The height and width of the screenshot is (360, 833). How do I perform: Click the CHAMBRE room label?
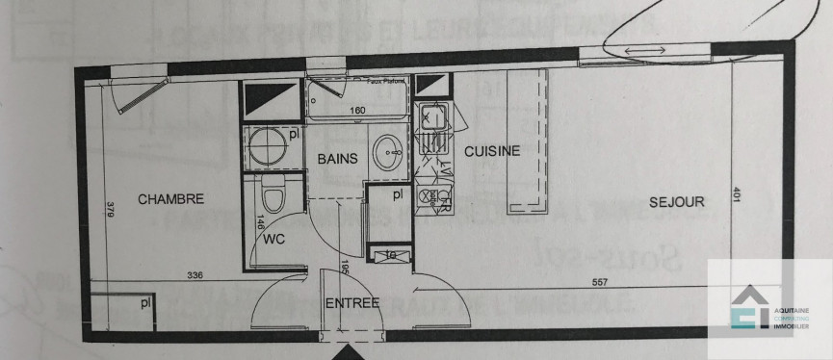[170, 200]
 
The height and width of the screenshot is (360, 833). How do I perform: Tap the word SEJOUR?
[676, 202]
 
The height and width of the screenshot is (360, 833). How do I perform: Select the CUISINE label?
[492, 151]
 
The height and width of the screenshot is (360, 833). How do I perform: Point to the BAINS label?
[338, 159]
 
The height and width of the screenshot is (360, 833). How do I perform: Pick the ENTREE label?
[351, 303]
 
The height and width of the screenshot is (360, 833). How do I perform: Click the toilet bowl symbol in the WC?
[273, 197]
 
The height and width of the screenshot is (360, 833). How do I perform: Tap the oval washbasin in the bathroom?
[390, 151]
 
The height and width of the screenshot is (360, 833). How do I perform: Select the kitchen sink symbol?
[430, 120]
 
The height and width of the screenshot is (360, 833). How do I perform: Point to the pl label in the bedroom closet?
[145, 303]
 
